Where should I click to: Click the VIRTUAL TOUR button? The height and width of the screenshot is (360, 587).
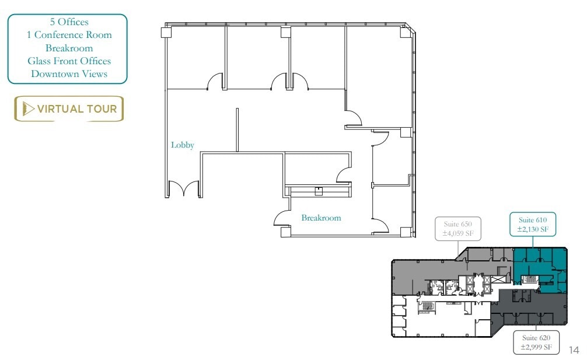point(69,109)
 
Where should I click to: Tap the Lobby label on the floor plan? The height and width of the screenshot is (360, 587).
point(182,144)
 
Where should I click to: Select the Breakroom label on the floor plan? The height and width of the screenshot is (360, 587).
point(321,218)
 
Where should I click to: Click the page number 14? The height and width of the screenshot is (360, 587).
point(574,350)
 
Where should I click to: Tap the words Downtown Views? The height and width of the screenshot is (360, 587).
point(69,74)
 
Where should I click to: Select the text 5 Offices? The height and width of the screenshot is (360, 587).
point(69,22)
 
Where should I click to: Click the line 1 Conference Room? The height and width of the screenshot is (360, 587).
point(69,35)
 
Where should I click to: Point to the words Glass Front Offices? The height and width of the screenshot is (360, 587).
point(69,61)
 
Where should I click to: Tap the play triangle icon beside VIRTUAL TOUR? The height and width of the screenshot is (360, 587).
point(27,109)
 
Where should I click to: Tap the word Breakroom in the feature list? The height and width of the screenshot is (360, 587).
point(69,48)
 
